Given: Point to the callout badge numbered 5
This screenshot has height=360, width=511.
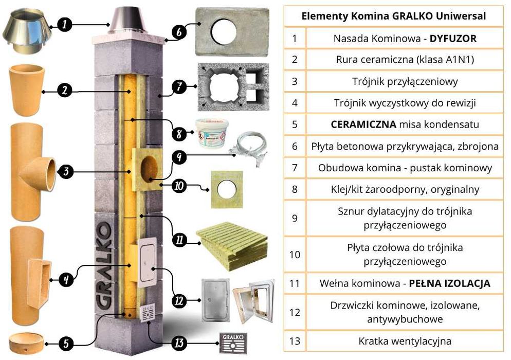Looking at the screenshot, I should coord(65,342).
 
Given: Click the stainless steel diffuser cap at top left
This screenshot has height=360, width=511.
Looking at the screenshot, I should coord(24,32).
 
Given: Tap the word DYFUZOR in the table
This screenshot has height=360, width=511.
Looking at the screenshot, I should coord(453,39).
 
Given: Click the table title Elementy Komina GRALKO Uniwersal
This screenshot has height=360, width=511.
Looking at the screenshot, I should coord(393,16).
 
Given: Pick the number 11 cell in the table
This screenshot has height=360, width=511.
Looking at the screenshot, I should coord(295,283).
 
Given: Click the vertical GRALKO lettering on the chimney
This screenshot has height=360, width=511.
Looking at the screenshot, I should coord(104,267).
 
